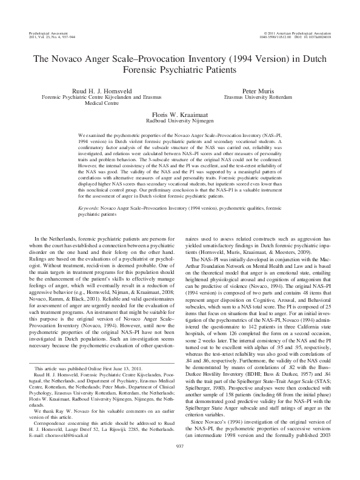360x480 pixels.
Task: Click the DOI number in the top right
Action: click(318, 33)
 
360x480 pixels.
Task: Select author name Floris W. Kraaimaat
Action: click(179, 113)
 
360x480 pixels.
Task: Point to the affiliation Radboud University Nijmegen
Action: click(179, 119)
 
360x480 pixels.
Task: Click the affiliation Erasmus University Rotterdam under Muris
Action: click(258, 96)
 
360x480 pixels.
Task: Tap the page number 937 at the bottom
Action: click(179, 461)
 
